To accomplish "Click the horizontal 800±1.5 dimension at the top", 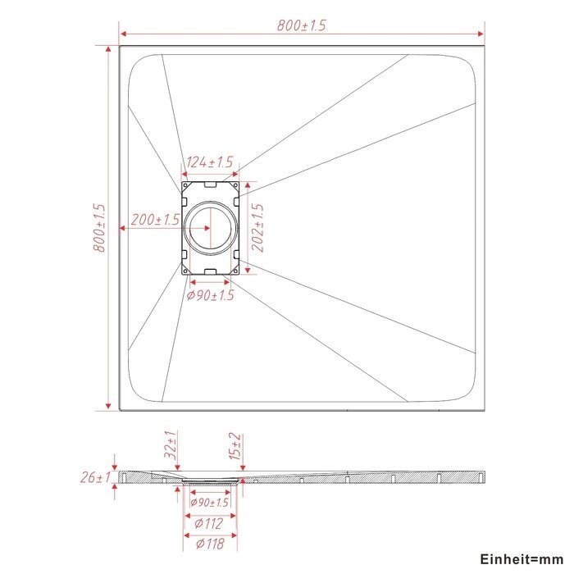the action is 301,25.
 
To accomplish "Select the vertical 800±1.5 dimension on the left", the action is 99,228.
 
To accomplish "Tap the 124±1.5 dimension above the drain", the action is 210,162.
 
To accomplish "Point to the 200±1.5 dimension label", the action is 155,220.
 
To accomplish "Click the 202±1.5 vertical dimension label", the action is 257,228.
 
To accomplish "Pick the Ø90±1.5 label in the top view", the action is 210,295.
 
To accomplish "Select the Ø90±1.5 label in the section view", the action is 209,502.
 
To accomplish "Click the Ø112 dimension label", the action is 208,523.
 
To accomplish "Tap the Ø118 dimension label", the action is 210,544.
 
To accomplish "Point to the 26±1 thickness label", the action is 95,477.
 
